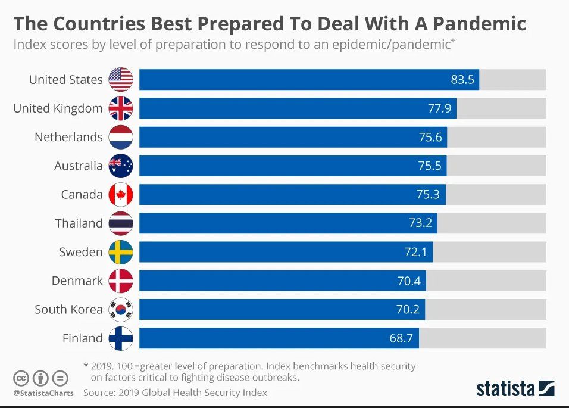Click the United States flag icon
pos(121,79)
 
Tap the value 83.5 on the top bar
pos(462,80)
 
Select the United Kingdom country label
pos(58,108)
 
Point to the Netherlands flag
pos(121,137)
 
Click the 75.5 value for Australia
pos(430,166)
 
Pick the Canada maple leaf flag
pos(121,194)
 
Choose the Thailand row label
pos(79,223)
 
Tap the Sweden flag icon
pos(121,252)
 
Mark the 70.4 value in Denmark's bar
pos(409,281)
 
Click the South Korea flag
pos(121,309)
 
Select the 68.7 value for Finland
pos(402,338)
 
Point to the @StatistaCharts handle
pos(43,393)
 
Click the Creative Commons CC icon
pos(21,378)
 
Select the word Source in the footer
pos(99,393)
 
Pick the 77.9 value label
pos(439,108)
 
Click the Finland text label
pos(82,338)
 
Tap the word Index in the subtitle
pos(27,44)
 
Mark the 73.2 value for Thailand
pos(420,223)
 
